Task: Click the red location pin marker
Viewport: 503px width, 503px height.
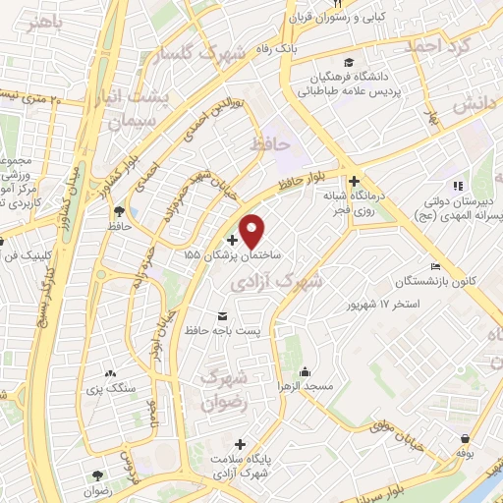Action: pyautogui.click(x=252, y=230)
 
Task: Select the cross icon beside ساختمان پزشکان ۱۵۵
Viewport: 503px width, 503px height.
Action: pyautogui.click(x=232, y=239)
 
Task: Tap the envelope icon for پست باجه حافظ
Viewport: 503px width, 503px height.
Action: pyautogui.click(x=221, y=315)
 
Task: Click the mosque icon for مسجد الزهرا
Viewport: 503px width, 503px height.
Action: pyautogui.click(x=306, y=371)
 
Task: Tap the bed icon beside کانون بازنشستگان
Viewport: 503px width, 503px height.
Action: pyautogui.click(x=435, y=266)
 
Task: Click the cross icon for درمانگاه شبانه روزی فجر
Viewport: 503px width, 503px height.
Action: pyautogui.click(x=354, y=181)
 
